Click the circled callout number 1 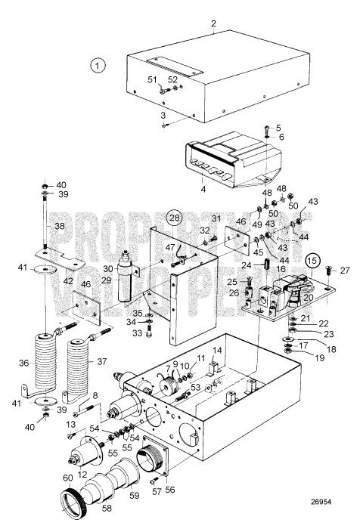97,65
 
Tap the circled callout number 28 175,220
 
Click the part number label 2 214,23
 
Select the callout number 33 136,333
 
